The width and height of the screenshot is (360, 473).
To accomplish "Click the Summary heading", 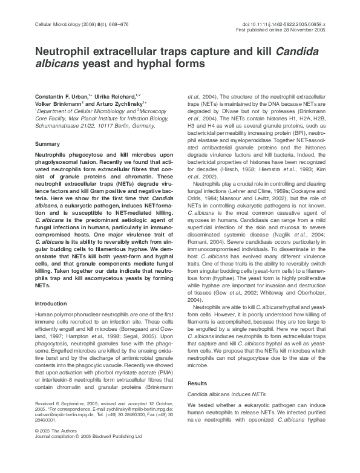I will click(47, 144).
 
